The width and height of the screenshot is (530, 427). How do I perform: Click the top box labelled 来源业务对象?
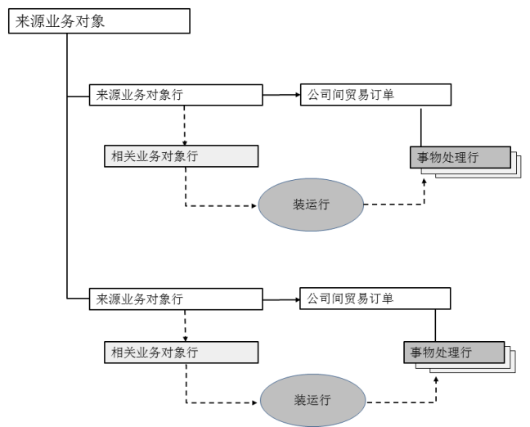(x=99, y=21)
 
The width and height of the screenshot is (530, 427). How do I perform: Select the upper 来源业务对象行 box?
(x=175, y=95)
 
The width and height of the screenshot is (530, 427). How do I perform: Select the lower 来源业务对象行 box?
(x=175, y=299)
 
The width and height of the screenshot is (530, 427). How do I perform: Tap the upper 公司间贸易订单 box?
(x=375, y=95)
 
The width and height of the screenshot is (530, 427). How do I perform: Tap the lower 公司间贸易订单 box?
(x=375, y=299)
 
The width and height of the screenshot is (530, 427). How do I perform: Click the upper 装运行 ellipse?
(x=311, y=205)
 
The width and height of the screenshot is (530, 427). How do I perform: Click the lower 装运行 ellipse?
(x=312, y=401)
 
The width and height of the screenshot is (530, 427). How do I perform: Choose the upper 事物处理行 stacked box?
(x=460, y=158)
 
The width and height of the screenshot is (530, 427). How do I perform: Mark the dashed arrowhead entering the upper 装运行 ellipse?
(x=254, y=205)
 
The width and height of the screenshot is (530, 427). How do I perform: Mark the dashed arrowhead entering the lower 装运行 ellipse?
(x=256, y=402)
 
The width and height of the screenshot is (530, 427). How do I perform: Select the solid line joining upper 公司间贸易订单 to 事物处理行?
(x=421, y=126)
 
